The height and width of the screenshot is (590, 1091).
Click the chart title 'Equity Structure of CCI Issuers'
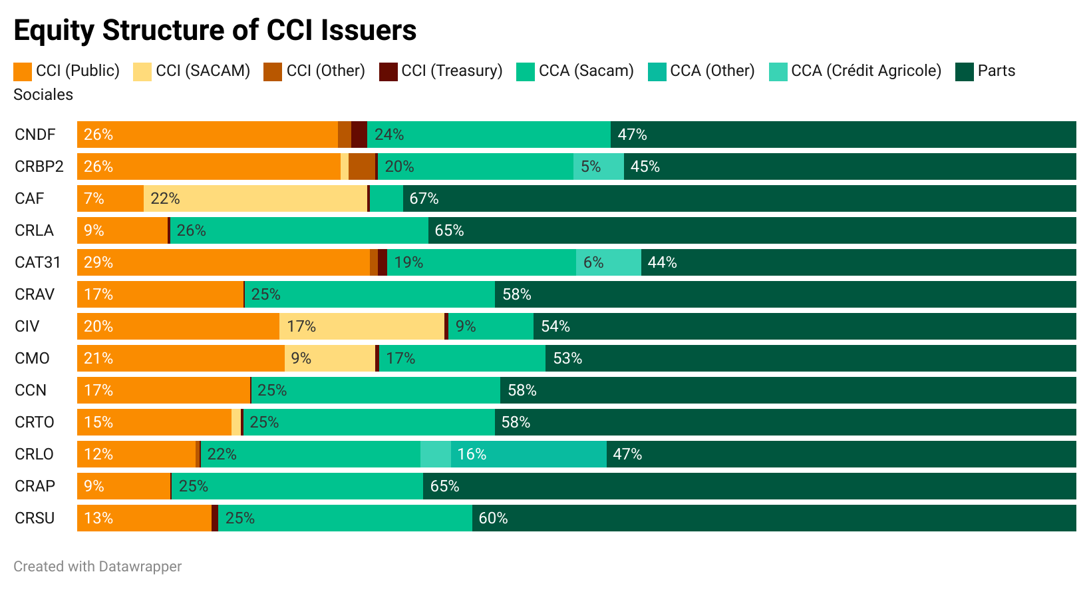pos(215,31)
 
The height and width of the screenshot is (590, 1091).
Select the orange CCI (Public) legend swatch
pos(23,71)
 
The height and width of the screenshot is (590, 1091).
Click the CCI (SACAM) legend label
pos(203,71)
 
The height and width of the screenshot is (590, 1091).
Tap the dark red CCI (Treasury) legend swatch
pos(389,71)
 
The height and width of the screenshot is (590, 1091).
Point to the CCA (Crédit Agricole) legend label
pos(866,71)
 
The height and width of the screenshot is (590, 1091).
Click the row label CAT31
pos(38,262)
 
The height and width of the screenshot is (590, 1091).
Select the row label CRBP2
pos(39,166)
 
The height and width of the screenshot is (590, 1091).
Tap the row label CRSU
pos(35,518)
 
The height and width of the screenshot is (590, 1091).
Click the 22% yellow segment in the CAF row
pos(255,198)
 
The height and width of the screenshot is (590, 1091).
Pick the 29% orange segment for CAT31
pos(224,262)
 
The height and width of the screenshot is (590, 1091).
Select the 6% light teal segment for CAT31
pos(609,262)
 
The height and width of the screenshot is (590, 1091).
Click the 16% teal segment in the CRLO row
pos(529,454)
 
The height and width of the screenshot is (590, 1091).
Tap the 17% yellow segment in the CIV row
pos(362,326)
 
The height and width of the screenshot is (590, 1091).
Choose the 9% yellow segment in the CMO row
pos(330,358)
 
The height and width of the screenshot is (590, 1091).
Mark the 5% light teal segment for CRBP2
pos(599,166)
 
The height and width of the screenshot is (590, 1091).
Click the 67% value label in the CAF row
pos(424,198)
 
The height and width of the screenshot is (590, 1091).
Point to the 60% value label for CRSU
pos(493,518)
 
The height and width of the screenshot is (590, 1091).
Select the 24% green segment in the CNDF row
pos(489,135)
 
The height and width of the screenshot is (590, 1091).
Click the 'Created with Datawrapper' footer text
pos(97,567)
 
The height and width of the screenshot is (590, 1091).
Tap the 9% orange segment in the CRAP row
pos(124,486)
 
